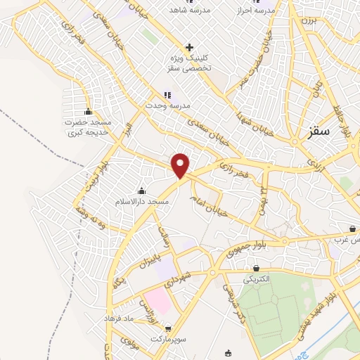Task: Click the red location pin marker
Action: tap(181, 165)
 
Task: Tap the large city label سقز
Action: tap(320, 131)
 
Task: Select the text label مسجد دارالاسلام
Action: tap(143, 202)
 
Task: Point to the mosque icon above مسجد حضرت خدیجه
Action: tap(88, 111)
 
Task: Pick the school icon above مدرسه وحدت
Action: tap(167, 94)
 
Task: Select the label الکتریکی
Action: tap(256, 279)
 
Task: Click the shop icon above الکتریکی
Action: tap(256, 268)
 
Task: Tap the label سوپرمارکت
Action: tap(167, 340)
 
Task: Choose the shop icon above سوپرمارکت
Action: tap(167, 328)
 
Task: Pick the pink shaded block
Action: tap(157, 302)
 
